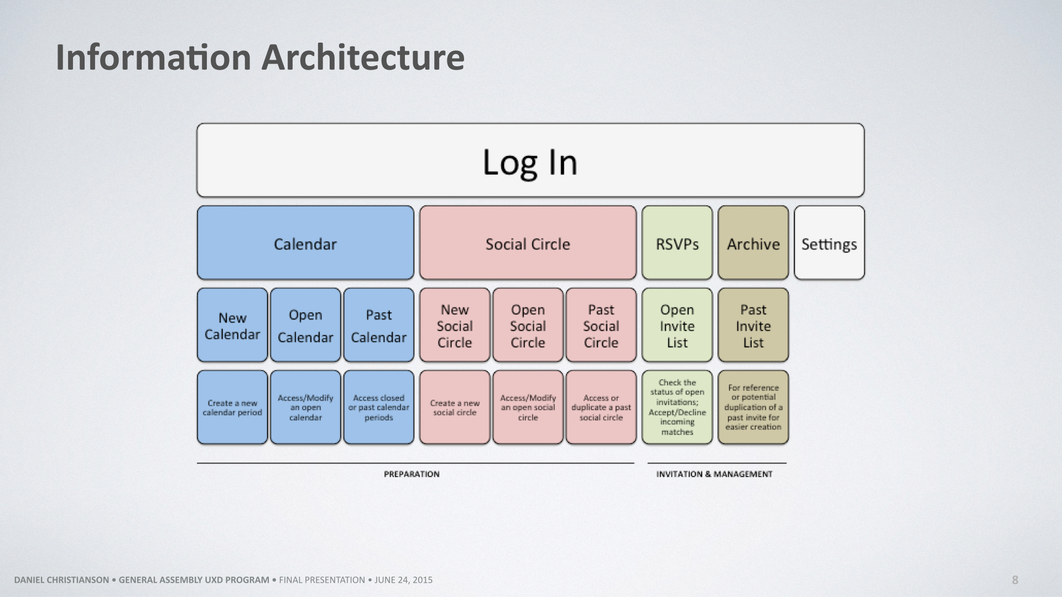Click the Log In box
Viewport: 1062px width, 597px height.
pyautogui.click(x=530, y=160)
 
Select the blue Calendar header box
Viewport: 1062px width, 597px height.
pyautogui.click(x=305, y=243)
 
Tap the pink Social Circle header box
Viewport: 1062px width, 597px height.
pyautogui.click(x=528, y=243)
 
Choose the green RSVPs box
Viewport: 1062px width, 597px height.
pyautogui.click(x=677, y=243)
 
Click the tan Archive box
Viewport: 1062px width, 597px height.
pyautogui.click(x=753, y=243)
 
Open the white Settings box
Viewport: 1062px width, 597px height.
pyautogui.click(x=829, y=243)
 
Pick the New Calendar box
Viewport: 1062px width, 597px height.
pyautogui.click(x=232, y=325)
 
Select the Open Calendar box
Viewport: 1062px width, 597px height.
pyautogui.click(x=305, y=325)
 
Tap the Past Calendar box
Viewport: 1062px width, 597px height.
pyautogui.click(x=379, y=325)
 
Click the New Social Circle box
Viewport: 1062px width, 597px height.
pyautogui.click(x=455, y=325)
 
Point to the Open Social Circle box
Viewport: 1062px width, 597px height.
pyautogui.click(x=528, y=325)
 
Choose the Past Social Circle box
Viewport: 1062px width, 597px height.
pyautogui.click(x=601, y=325)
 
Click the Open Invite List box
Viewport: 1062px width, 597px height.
pyautogui.click(x=677, y=325)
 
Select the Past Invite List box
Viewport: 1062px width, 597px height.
pyautogui.click(x=753, y=325)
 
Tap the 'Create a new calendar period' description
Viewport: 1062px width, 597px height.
pyautogui.click(x=232, y=408)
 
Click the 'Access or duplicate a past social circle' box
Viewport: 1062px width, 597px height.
pyautogui.click(x=601, y=407)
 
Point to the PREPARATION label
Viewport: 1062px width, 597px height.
pyautogui.click(x=412, y=474)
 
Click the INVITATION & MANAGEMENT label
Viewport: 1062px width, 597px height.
pyautogui.click(x=714, y=474)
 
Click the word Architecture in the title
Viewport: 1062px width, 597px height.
pyautogui.click(x=363, y=57)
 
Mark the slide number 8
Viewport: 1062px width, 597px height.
pyautogui.click(x=1015, y=580)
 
